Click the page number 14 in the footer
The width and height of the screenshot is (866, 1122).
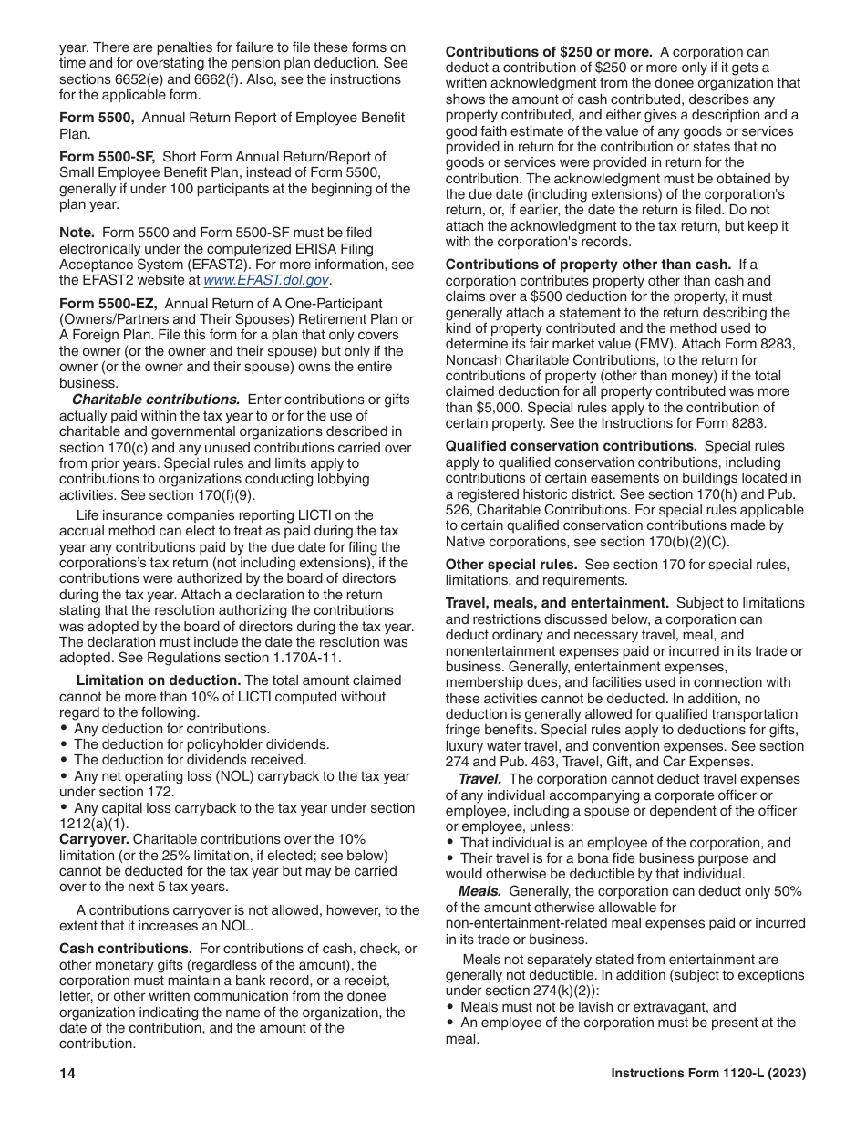point(67,1074)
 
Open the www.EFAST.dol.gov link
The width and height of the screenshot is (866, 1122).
point(266,280)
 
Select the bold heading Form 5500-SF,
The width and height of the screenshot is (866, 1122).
point(107,157)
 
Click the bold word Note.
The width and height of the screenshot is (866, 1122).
point(77,234)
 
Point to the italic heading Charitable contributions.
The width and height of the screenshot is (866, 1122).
point(156,400)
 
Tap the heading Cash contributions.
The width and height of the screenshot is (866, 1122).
point(126,949)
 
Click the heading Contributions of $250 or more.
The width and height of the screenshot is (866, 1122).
point(549,52)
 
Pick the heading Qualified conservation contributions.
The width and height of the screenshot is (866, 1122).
point(572,446)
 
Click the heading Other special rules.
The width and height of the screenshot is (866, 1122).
point(511,565)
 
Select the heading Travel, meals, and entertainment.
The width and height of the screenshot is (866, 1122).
point(557,603)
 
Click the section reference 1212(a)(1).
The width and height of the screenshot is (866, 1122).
point(94,824)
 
